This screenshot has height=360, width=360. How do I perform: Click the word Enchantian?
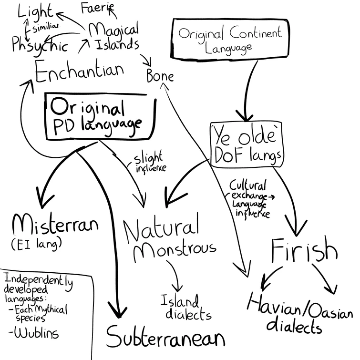click(79, 72)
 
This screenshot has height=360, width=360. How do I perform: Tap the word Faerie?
click(97, 8)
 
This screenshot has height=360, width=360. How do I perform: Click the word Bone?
click(160, 76)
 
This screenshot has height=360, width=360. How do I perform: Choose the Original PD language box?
click(101, 116)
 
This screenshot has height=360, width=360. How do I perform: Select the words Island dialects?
click(185, 308)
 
